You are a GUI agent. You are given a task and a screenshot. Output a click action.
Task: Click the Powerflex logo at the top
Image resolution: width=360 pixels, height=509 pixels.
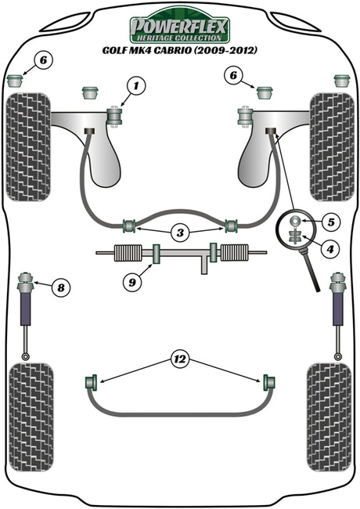[180, 27]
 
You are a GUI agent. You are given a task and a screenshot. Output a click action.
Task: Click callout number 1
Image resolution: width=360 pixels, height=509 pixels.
[136, 86]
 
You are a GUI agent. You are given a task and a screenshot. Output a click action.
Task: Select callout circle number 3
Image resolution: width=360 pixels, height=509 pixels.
[180, 233]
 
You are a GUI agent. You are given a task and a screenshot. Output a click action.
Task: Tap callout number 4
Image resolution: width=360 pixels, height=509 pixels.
[329, 249]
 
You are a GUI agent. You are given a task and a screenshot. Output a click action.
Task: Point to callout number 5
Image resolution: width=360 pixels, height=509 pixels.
[331, 222]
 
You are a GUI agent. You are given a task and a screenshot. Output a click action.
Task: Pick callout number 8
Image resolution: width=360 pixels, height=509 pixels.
[60, 287]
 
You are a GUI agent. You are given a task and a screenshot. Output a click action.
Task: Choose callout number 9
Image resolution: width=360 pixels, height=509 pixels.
[132, 283]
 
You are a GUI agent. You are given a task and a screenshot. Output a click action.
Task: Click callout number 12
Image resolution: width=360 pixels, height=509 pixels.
[180, 359]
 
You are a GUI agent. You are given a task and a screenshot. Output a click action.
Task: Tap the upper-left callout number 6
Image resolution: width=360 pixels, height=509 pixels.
[44, 60]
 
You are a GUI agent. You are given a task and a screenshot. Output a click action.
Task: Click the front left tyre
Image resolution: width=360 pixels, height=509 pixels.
[28, 147]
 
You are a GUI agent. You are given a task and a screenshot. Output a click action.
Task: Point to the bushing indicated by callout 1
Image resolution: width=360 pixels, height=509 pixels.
[115, 117]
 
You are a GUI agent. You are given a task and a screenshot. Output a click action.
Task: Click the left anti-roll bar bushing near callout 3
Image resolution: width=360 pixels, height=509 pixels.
[130, 226]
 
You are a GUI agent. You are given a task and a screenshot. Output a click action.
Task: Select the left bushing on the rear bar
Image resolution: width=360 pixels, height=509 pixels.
[92, 382]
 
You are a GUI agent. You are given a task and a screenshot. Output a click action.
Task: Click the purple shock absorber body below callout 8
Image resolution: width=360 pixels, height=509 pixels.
[26, 309]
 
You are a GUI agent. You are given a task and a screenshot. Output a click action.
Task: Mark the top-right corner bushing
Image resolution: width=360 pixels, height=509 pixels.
[342, 81]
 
